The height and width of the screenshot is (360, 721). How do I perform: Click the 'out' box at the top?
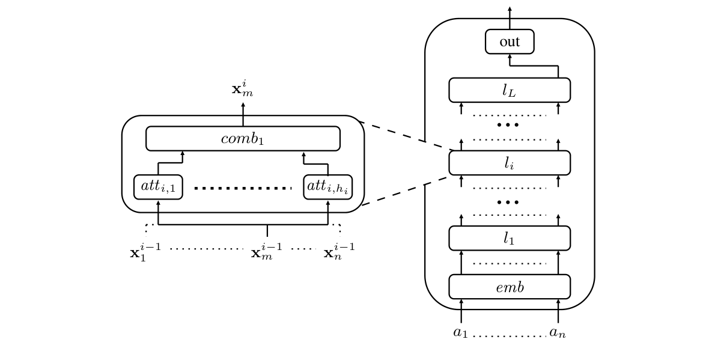[x=509, y=41]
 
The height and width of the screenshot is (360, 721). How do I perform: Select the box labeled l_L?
[x=509, y=90]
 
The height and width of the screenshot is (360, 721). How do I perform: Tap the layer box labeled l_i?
[x=509, y=163]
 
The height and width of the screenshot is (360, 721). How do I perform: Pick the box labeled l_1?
[x=509, y=238]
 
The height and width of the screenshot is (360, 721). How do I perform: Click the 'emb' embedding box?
[x=509, y=287]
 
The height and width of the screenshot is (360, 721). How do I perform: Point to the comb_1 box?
[x=243, y=138]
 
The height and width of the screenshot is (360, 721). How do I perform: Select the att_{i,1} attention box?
[x=158, y=186]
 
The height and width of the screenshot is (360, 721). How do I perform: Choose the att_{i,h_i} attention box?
[x=327, y=186]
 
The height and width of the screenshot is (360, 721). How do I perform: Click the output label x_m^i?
[x=242, y=89]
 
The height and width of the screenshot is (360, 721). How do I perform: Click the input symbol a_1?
[x=460, y=332]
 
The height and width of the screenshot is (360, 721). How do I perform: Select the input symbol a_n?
[x=557, y=332]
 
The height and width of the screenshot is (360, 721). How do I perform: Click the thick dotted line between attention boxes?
[x=243, y=188]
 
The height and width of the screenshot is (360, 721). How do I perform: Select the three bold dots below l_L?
[x=508, y=125]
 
